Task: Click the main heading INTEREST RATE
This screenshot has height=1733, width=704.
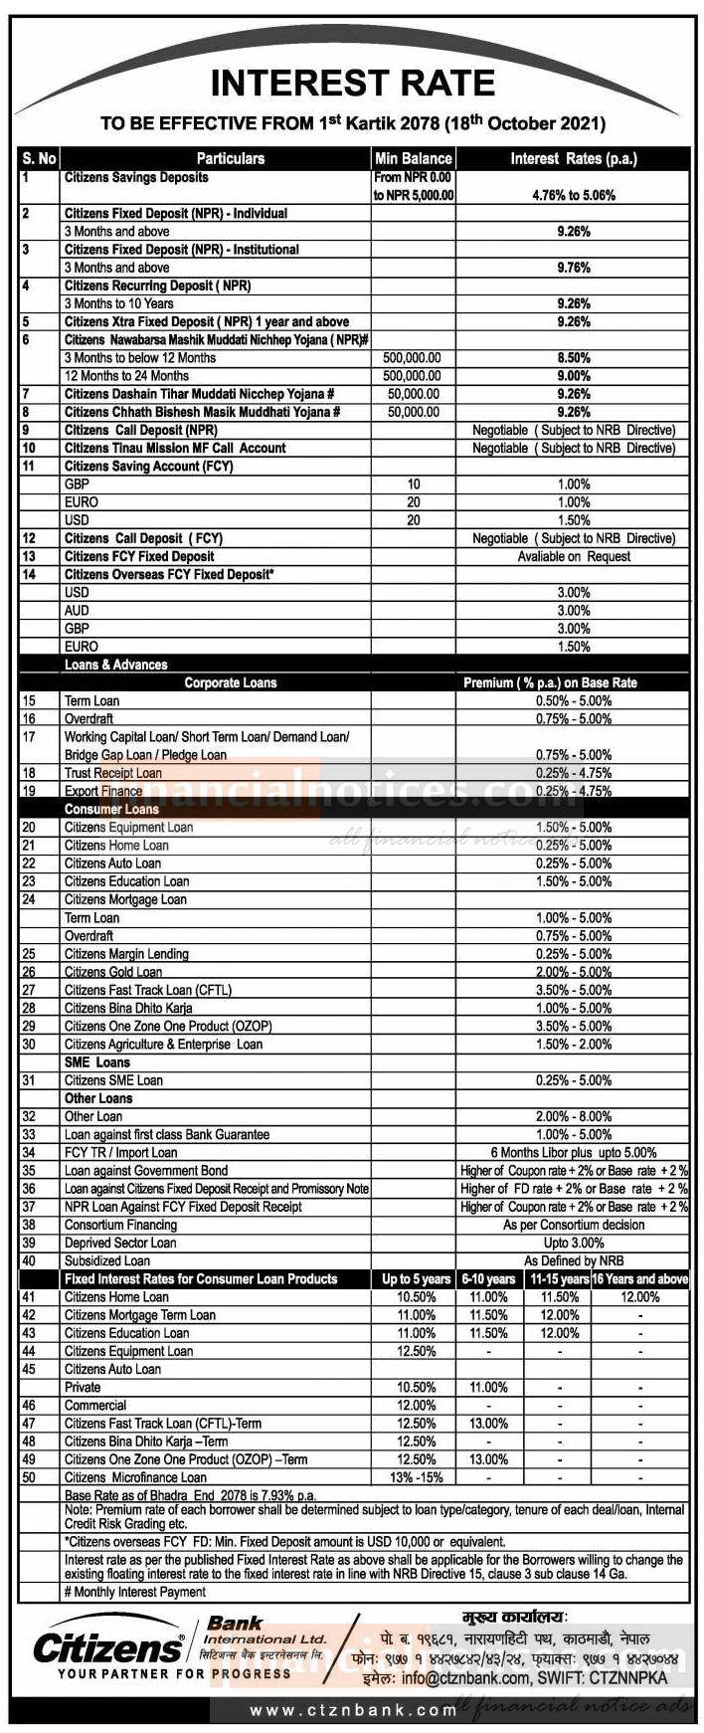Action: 352,83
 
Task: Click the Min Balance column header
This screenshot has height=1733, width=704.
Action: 413,158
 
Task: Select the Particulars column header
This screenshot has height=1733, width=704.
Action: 230,158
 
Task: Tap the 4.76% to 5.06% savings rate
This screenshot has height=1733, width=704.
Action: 574,195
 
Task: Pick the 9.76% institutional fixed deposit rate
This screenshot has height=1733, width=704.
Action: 574,268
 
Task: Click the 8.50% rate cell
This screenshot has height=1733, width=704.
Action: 574,358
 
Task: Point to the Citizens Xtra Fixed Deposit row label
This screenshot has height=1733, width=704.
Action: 207,322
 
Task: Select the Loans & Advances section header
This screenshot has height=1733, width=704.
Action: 116,665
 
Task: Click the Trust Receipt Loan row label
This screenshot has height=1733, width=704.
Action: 113,773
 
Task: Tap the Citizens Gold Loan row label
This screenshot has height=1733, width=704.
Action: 113,972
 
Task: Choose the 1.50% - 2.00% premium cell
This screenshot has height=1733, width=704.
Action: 574,1045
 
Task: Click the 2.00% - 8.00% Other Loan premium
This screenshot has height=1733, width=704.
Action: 574,1116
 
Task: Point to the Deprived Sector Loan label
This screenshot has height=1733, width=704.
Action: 120,1243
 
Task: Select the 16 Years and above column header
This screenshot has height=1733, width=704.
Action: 640,1279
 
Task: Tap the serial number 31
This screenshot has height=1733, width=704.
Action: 29,1080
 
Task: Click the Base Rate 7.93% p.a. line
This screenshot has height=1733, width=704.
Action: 190,1495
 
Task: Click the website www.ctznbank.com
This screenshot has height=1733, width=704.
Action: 352,1711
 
